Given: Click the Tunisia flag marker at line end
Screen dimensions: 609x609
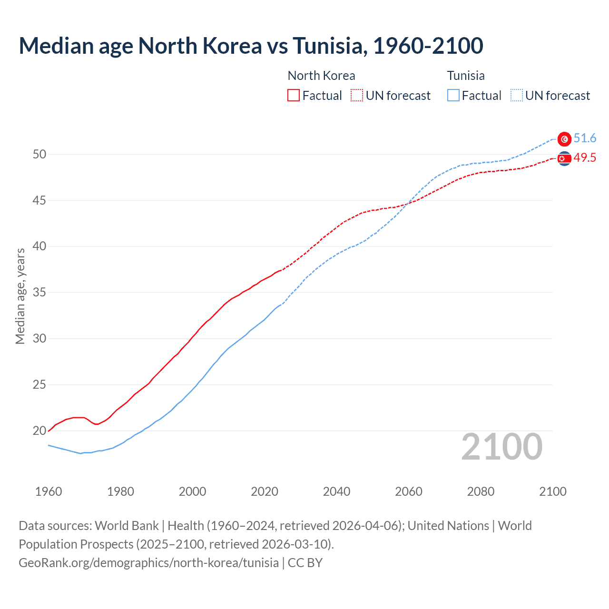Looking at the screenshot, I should (564, 139).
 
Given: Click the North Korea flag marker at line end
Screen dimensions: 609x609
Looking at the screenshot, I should (564, 158).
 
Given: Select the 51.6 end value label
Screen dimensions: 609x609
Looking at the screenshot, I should (585, 138).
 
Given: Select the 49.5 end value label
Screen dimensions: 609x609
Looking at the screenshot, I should (585, 158).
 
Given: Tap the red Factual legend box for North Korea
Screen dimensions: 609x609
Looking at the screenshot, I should (294, 96).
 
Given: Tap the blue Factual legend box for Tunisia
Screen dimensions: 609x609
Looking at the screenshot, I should (453, 96).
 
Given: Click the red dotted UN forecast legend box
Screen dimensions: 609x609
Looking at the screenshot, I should (357, 96).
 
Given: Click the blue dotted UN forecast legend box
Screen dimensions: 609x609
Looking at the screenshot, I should (516, 96).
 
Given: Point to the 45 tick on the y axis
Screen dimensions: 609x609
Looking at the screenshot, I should (39, 200).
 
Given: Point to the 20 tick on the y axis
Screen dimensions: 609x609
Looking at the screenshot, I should (39, 431).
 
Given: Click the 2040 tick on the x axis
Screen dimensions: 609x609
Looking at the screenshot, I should (336, 491).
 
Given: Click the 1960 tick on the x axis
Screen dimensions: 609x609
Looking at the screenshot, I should (49, 491).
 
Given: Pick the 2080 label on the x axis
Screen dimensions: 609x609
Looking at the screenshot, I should (481, 491).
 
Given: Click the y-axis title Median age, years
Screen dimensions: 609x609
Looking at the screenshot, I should (20, 296).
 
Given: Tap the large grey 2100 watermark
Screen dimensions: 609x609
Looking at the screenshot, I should (501, 447).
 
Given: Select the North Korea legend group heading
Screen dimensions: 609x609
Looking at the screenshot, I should (321, 76).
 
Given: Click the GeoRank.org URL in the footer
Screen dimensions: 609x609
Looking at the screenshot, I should (148, 563).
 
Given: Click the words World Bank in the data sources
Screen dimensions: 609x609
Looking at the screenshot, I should (127, 526).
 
